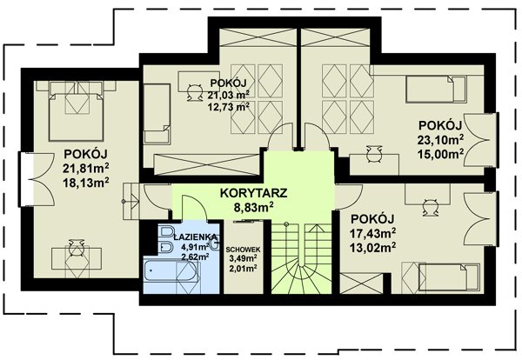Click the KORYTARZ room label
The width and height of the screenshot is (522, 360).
254,193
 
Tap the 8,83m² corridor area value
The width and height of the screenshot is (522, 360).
254,208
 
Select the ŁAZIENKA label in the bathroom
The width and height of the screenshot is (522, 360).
196,237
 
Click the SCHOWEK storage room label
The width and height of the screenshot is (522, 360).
243,250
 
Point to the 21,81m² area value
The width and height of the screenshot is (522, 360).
86,169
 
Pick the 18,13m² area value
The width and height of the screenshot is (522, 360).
86,183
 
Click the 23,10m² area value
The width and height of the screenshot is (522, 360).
441,139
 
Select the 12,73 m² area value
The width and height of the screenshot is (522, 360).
229,107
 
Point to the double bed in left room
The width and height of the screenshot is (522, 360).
76,117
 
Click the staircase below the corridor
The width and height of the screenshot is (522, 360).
302,258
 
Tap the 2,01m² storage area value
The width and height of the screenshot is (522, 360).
243,268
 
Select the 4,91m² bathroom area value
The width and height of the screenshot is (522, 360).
195,247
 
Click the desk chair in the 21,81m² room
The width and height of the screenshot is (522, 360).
77,248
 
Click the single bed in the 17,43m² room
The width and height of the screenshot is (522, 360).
450,277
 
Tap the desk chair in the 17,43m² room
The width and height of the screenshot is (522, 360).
431,208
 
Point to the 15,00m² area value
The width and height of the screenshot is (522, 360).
441,154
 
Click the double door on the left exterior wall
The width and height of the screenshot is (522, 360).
37,180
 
